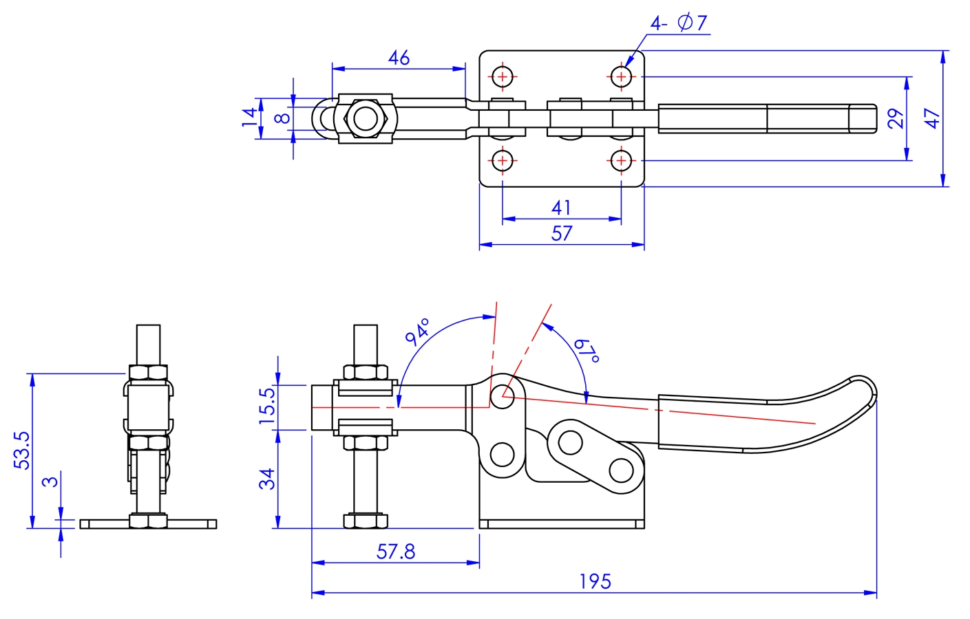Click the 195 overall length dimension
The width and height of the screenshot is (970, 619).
click(x=595, y=582)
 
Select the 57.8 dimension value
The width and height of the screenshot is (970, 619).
click(x=396, y=552)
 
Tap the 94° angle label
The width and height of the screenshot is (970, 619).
click(x=417, y=332)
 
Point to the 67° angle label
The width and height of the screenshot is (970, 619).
click(x=587, y=350)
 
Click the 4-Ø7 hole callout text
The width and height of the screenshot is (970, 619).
click(x=678, y=23)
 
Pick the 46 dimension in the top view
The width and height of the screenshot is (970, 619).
click(x=399, y=58)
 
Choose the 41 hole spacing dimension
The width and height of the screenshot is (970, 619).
click(x=561, y=208)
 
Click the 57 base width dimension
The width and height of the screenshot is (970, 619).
click(x=561, y=234)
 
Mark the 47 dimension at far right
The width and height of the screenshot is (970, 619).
click(x=931, y=118)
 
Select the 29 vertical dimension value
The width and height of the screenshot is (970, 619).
click(x=895, y=118)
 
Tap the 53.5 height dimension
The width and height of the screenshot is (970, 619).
click(x=22, y=450)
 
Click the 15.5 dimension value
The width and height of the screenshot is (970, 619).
click(x=267, y=405)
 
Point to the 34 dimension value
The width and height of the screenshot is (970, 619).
click(x=267, y=479)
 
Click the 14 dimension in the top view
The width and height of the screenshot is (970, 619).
click(x=249, y=117)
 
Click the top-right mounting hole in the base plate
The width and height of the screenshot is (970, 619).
click(x=621, y=76)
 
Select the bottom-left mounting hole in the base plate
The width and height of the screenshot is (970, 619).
click(x=503, y=161)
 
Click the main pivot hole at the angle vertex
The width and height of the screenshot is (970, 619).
click(x=503, y=396)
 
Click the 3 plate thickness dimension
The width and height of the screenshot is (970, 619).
click(x=50, y=481)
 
